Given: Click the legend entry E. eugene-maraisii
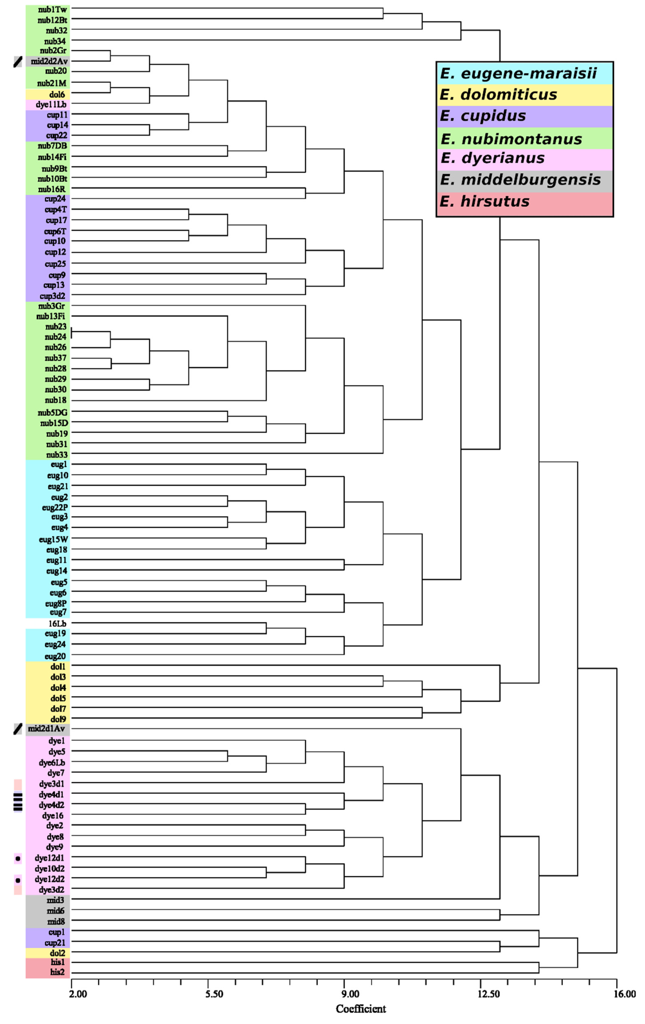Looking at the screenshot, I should (x=518, y=73).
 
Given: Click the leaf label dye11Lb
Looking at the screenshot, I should (x=51, y=104).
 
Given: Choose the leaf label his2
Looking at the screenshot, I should (x=57, y=972).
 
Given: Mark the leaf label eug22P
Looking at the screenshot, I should (x=55, y=507).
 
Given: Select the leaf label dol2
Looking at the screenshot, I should (x=57, y=953).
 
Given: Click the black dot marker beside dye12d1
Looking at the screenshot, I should (x=18, y=858).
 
